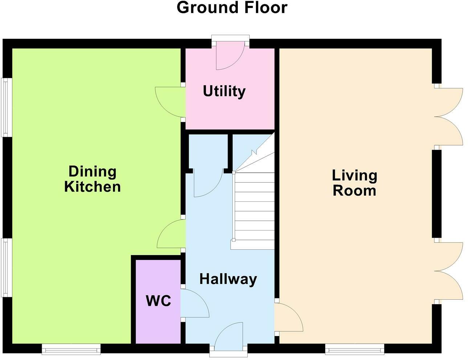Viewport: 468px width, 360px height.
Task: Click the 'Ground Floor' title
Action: point(232,8)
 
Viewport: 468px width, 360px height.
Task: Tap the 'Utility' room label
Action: point(224,91)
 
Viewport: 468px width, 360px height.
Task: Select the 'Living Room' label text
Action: point(354,183)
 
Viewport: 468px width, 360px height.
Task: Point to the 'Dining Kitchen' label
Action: point(93,179)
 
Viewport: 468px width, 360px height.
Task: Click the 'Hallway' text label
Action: point(228,279)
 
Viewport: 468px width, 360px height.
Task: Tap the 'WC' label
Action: point(158,300)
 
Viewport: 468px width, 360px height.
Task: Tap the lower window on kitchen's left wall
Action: point(5,267)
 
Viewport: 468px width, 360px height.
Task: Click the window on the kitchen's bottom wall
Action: point(71,349)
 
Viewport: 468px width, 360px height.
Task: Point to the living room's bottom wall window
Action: point(354,349)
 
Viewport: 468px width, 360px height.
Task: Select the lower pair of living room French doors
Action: point(448,271)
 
